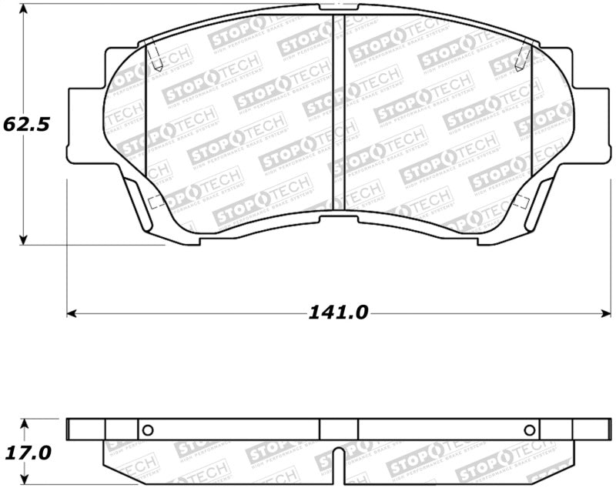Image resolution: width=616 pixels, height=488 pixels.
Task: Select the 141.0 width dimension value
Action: tap(340, 313)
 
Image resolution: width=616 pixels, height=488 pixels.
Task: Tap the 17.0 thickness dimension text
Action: tap(27, 453)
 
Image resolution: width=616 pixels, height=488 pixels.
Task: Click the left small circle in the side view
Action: tap(149, 430)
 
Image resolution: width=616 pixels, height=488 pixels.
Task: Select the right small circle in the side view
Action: tap(529, 430)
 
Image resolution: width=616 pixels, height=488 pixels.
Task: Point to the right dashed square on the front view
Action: tap(521, 202)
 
